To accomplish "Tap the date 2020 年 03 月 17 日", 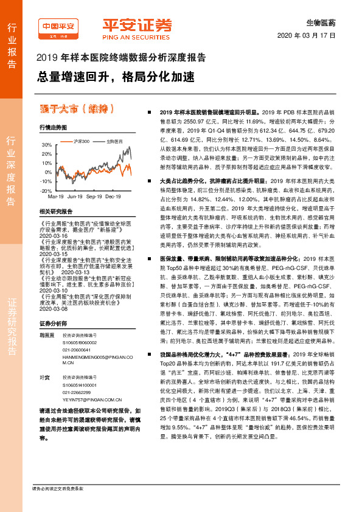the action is [310, 36].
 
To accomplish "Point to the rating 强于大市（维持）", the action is [77, 109].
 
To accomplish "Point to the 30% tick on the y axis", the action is [46, 145].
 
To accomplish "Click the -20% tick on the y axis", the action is [46, 190].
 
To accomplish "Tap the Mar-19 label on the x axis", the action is [56, 197].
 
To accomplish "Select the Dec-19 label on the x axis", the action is [113, 197].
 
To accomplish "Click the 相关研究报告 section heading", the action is [55, 211].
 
